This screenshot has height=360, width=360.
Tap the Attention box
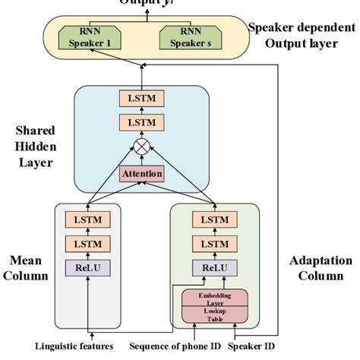coord(142,174)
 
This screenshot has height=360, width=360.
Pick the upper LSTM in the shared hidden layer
coord(142,98)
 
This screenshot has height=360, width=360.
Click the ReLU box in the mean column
coord(88,267)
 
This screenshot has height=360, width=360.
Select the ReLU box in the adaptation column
coord(214,267)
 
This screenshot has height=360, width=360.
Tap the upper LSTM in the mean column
coord(88,219)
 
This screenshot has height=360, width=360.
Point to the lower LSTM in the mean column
coord(88,244)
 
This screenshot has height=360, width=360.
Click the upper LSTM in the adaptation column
coord(214,219)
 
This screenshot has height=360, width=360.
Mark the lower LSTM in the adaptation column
coord(214,244)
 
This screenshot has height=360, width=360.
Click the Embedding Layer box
coord(214,298)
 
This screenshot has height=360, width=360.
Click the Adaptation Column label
coord(321,267)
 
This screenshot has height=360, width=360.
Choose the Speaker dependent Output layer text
coord(302,35)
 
